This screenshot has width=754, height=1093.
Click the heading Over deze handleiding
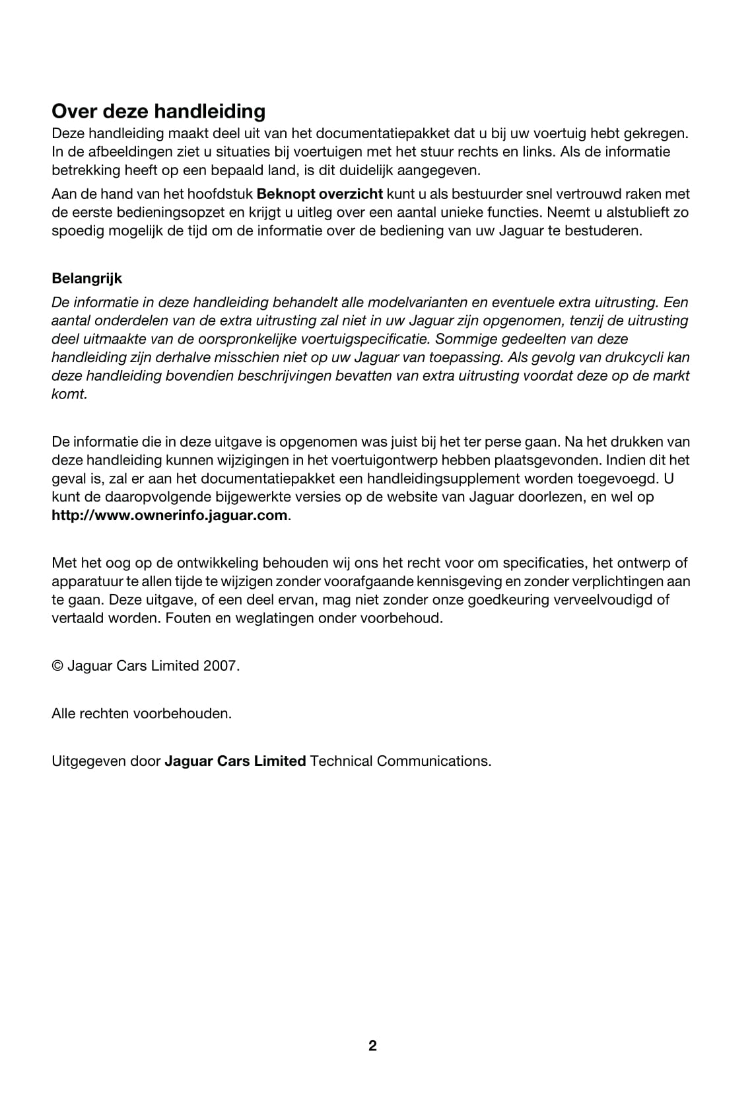pos(158,111)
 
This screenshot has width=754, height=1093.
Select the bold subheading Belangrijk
pos(86,278)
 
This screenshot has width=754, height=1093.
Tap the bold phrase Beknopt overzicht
pos(320,194)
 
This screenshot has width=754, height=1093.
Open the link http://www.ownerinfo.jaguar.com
pos(170,515)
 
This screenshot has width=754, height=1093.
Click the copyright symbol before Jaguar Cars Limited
pos(57,666)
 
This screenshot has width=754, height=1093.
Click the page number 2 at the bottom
pos(372,1046)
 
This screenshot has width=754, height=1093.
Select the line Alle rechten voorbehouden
pos(142,714)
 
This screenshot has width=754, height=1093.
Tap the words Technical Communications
pos(400,761)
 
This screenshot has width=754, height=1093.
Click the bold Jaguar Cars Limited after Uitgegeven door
pos(235,761)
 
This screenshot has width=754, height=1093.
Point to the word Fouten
pos(187,619)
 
